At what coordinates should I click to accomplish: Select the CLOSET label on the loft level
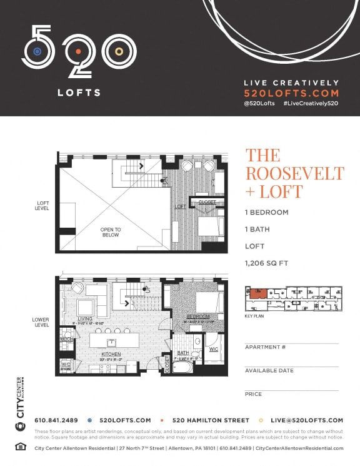pos(207,203)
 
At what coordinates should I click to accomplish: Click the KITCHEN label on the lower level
pos(111,354)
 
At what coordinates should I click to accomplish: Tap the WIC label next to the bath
pos(212,348)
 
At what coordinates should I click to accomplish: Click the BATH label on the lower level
pos(182,353)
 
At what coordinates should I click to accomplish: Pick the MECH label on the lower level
pos(66,339)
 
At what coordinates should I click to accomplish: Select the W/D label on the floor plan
pos(66,363)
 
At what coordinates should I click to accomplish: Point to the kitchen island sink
pos(110,342)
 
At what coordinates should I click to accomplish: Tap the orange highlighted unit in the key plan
pos(257,293)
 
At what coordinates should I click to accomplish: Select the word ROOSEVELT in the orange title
pos(294,173)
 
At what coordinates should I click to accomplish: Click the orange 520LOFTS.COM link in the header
pos(291,92)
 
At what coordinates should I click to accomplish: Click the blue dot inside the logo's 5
pos(37,51)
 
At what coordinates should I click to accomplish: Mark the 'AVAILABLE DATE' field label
pos(269,370)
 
